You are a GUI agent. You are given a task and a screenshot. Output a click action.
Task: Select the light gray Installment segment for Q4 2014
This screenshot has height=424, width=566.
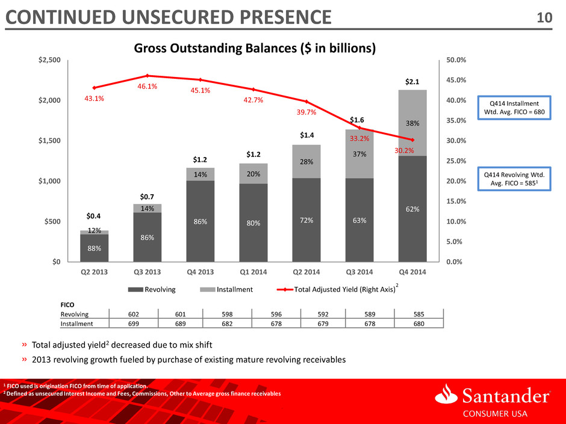point(412,123)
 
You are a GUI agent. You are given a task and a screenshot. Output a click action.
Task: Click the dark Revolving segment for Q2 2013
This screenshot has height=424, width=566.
point(94,248)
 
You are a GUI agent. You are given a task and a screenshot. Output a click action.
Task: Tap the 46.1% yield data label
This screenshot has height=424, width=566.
point(148,87)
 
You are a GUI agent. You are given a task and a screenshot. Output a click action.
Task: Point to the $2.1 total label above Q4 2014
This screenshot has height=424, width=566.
point(412,82)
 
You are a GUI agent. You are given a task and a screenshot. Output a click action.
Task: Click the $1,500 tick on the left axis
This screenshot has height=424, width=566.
point(50,141)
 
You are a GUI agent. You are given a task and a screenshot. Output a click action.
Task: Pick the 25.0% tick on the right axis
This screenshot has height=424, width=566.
point(456,161)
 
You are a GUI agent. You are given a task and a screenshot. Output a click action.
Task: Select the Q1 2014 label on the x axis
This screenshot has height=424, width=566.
point(253,272)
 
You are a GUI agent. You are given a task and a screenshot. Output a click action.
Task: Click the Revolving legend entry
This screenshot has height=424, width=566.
point(152,289)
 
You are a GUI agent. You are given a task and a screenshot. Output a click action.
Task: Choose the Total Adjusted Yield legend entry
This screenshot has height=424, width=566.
point(337,289)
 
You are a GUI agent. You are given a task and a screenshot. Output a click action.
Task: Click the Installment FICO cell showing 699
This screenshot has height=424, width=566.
point(134,324)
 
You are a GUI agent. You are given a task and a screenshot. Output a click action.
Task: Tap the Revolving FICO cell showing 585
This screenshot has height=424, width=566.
point(418,314)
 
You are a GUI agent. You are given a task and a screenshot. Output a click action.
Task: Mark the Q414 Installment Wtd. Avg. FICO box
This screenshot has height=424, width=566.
point(514,108)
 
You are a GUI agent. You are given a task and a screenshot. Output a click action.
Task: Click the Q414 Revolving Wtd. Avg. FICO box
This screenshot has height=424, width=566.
point(514,179)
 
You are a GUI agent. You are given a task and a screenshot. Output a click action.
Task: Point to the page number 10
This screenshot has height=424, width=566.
point(544,17)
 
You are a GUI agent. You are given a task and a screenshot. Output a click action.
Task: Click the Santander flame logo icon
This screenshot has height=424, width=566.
point(447,393)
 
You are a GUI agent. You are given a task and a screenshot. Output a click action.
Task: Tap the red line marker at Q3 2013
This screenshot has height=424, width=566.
point(148,76)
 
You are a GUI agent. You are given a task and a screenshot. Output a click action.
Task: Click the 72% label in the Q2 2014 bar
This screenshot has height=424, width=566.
point(306,220)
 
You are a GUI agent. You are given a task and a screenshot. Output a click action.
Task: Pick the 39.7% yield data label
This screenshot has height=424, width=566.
point(306,112)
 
